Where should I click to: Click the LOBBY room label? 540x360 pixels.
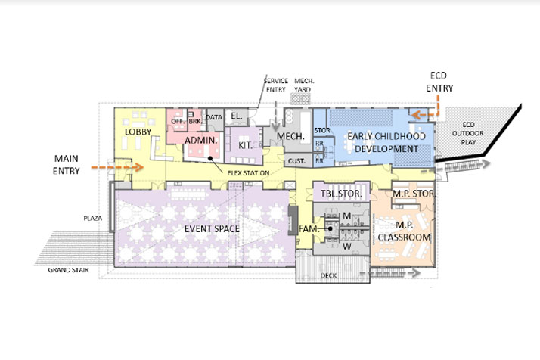tap(139, 132)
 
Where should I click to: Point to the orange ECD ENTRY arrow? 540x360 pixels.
tap(424, 115)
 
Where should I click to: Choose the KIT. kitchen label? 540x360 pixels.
tap(245, 143)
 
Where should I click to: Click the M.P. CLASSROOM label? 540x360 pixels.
tap(405, 231)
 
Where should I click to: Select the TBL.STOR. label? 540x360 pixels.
tap(342, 194)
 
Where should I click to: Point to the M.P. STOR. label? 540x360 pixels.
tap(411, 194)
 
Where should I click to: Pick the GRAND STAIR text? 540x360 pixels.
tap(70, 269)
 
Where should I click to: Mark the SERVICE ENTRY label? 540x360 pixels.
tap(276, 85)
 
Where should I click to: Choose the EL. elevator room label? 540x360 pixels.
tap(235, 116)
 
